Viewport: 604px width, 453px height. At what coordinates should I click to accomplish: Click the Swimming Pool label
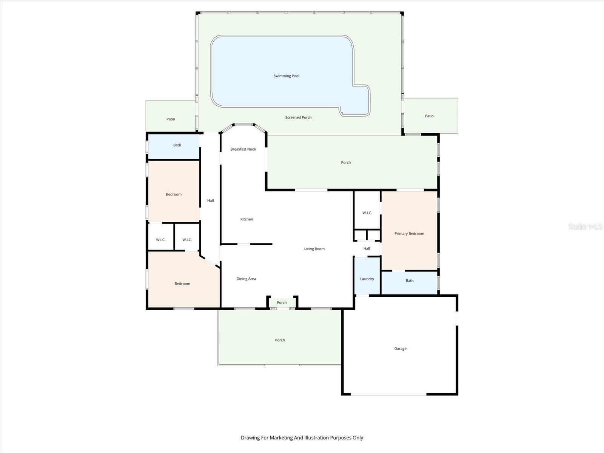[286, 76]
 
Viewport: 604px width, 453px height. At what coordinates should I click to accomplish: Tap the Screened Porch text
[298, 117]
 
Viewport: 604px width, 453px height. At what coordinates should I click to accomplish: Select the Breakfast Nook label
[243, 149]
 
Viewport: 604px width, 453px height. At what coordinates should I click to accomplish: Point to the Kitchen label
[247, 219]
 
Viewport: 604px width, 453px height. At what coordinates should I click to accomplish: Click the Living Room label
[314, 249]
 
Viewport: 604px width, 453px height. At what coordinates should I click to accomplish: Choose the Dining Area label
[246, 279]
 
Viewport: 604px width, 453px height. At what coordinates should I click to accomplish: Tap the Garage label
[400, 348]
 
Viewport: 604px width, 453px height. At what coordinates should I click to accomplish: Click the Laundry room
[367, 276]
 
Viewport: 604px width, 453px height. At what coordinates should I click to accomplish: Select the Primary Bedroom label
[409, 234]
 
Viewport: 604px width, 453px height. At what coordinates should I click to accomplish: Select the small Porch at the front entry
[282, 302]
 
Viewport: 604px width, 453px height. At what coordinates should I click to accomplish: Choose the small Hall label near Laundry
[367, 249]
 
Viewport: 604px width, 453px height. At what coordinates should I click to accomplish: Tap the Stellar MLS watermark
[585, 226]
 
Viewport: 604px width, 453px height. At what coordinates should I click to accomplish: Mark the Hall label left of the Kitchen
[211, 201]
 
